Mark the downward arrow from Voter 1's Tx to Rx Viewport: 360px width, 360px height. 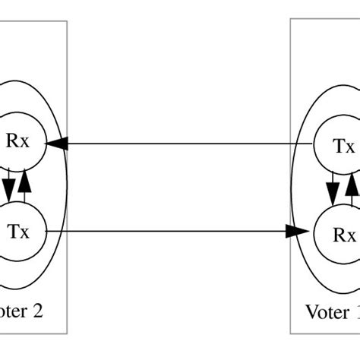click(333, 190)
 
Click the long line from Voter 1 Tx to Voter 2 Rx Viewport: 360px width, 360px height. click(182, 143)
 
